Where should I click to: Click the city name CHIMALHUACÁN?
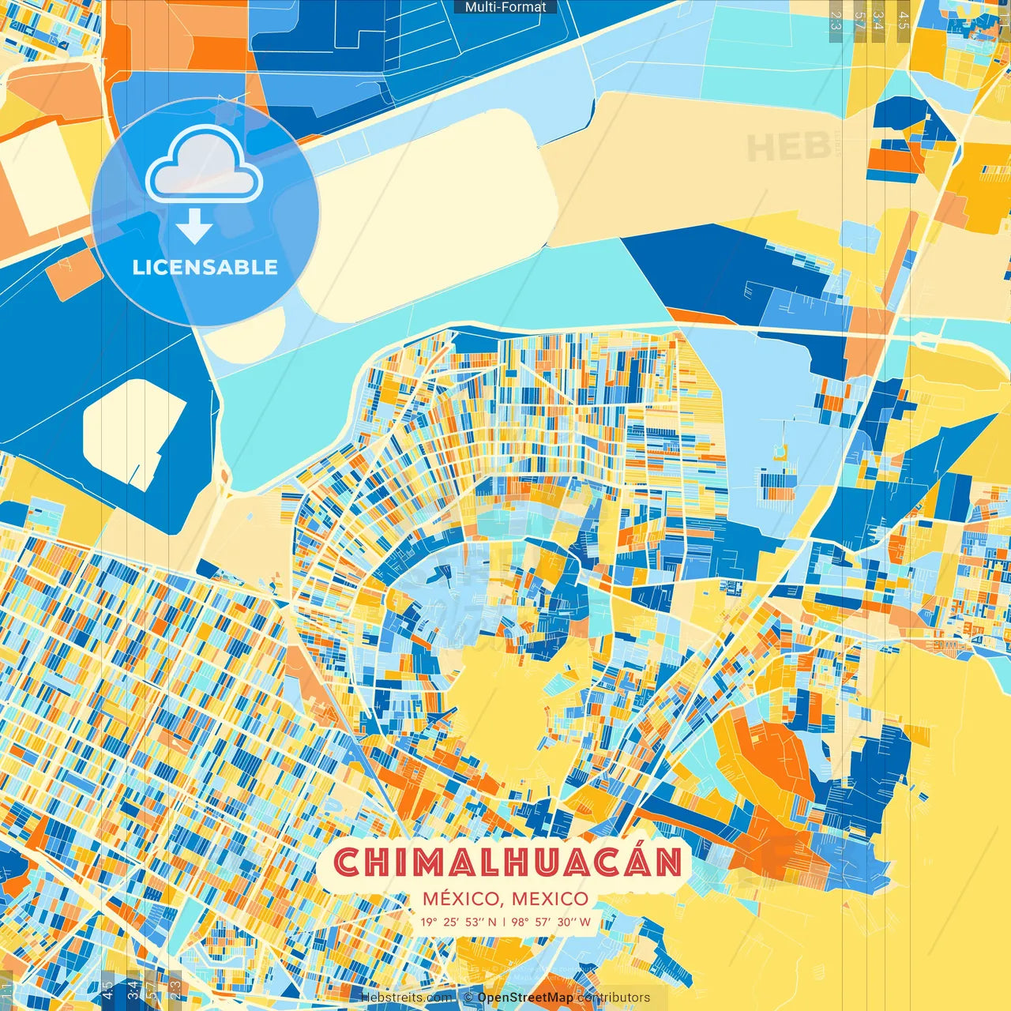508,863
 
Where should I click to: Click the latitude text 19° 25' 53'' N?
458,922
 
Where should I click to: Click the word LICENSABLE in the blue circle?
205,267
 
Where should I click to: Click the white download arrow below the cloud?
194,227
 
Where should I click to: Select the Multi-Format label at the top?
505,7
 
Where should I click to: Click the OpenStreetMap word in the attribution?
525,998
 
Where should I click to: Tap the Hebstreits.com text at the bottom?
406,998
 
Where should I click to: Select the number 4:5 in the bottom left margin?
107,990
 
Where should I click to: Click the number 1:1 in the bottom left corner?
7,990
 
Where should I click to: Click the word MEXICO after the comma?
550,899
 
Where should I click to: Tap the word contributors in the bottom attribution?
614,998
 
